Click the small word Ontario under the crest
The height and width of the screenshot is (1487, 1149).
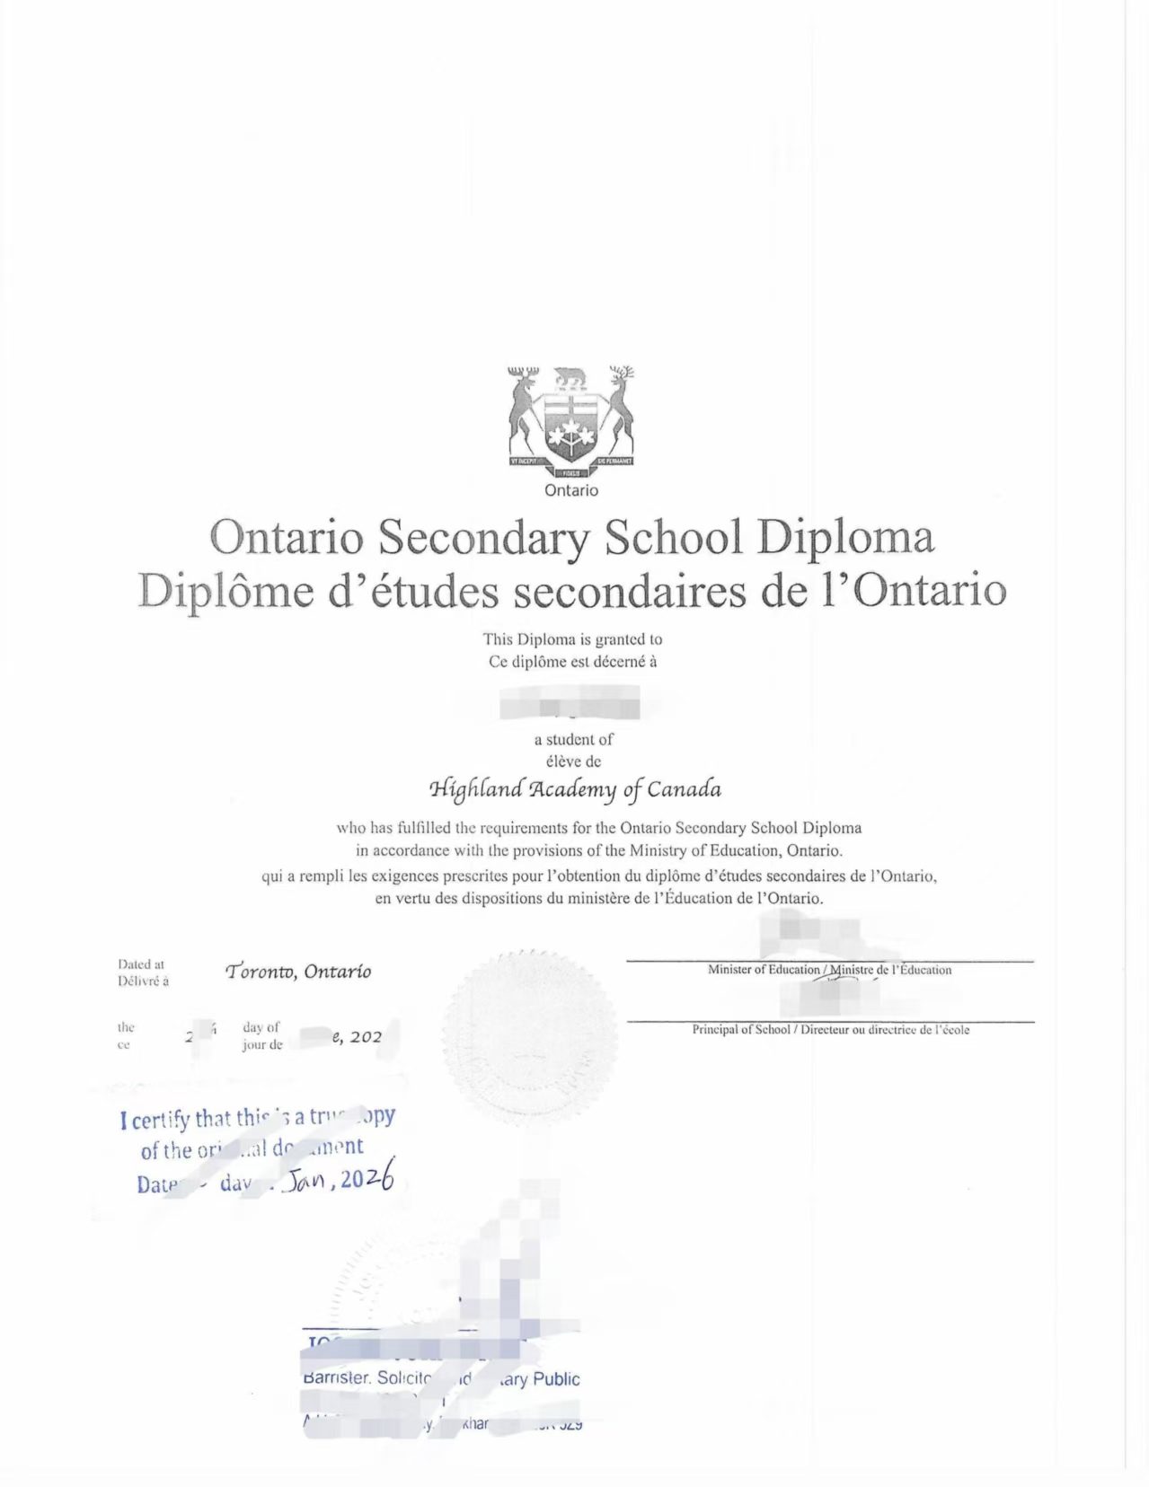[570, 490]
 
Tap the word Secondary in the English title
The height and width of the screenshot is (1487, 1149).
[483, 537]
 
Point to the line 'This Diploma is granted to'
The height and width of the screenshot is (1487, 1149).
[572, 639]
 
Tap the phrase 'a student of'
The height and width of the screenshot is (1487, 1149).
[573, 740]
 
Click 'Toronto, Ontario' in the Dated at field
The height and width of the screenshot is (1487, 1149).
[299, 972]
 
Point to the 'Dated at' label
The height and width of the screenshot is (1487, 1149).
[140, 964]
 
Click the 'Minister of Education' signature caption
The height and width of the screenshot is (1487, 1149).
[764, 970]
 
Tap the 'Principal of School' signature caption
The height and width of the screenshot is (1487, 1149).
[740, 1030]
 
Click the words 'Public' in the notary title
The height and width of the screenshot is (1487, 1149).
[556, 1379]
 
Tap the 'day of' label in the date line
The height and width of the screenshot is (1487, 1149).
[261, 1027]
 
